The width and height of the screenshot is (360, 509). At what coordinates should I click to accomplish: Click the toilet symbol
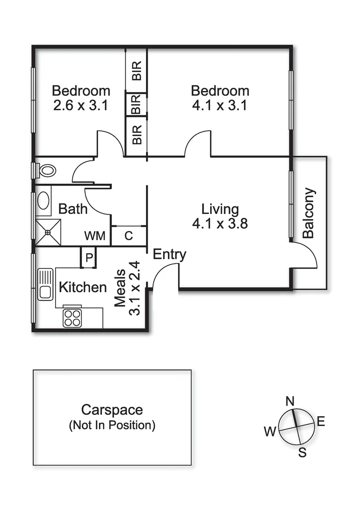click(45, 170)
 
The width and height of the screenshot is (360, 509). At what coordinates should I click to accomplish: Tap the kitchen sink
click(45, 284)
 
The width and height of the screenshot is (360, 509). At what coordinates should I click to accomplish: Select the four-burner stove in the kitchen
click(72, 318)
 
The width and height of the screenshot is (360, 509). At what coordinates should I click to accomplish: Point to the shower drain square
click(48, 232)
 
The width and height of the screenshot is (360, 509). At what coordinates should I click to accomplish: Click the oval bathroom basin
click(43, 200)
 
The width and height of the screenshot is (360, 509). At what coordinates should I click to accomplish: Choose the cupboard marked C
click(129, 236)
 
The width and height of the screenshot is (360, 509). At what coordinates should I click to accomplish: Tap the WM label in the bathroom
click(95, 236)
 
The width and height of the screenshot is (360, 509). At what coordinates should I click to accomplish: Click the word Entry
click(170, 254)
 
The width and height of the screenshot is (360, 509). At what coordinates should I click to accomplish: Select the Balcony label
click(309, 213)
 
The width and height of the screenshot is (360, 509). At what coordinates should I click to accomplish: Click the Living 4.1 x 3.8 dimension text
click(220, 223)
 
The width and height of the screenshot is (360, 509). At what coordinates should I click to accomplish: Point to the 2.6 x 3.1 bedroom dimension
click(81, 105)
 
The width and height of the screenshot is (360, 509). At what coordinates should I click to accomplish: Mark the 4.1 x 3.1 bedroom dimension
click(220, 105)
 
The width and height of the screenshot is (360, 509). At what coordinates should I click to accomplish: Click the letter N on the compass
click(291, 401)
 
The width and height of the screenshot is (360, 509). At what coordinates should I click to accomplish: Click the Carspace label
click(112, 410)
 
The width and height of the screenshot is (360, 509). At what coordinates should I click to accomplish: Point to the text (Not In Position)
click(112, 426)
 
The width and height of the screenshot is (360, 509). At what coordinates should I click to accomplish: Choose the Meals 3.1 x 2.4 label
click(128, 288)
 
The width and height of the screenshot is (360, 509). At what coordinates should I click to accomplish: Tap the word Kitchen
click(82, 287)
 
